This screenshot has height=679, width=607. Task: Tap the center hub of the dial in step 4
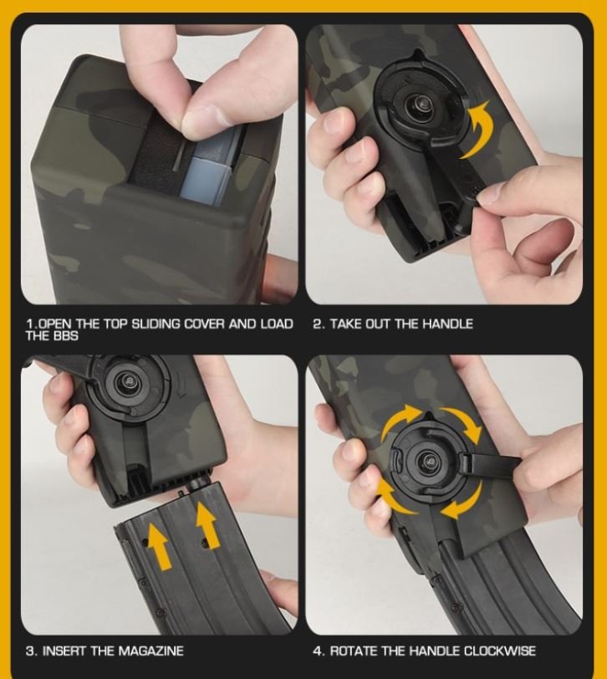430,462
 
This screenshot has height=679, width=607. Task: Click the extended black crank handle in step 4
492,462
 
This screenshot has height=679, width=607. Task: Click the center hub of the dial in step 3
129,380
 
